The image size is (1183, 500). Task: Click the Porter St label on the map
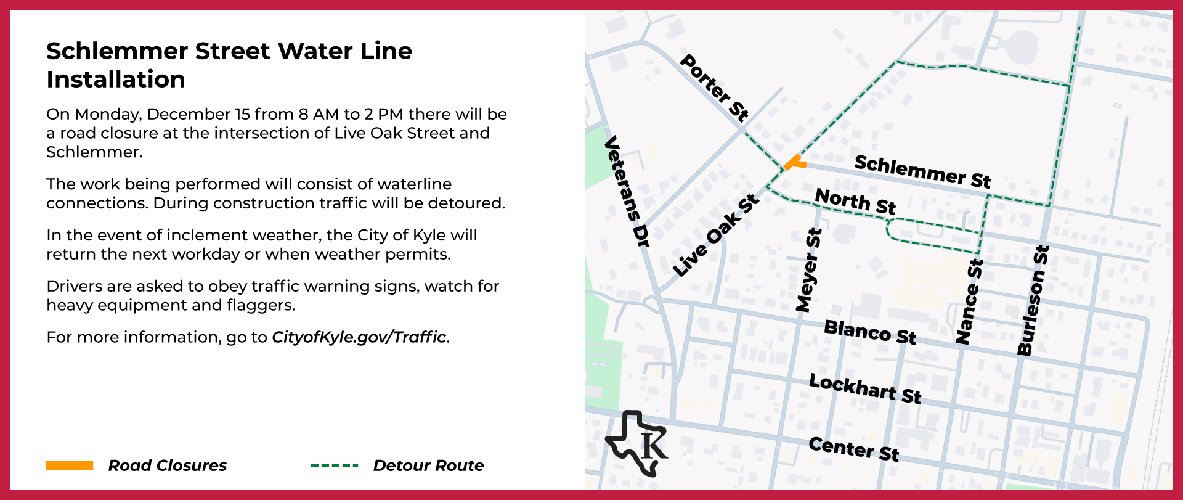click(715, 87)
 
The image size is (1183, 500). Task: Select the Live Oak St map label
click(715, 236)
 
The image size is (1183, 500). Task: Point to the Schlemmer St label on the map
click(922, 171)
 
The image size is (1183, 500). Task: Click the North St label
click(855, 201)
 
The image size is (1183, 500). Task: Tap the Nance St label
click(969, 301)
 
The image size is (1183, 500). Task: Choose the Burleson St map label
click(1033, 300)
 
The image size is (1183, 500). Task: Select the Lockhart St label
click(865, 388)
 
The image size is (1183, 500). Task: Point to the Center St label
click(854, 448)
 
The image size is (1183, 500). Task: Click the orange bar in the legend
click(70, 465)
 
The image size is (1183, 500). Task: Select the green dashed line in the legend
click(335, 465)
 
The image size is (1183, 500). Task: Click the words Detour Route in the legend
click(428, 465)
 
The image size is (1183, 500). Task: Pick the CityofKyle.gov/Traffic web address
click(359, 337)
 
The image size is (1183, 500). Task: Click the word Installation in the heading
click(116, 80)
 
